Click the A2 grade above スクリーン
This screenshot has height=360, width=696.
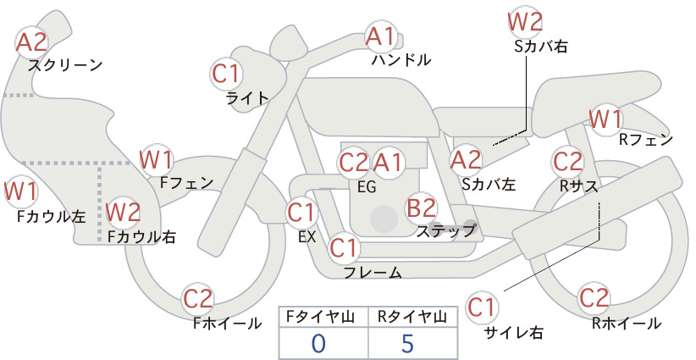(x=31, y=42)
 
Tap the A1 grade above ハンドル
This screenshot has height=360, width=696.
(x=380, y=36)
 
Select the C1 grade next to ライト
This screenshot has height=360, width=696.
(x=226, y=74)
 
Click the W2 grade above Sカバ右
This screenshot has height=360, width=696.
(x=525, y=22)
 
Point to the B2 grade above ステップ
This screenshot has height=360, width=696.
(x=422, y=208)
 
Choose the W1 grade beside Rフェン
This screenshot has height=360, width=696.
(x=606, y=119)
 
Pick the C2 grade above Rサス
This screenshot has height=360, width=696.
(x=567, y=161)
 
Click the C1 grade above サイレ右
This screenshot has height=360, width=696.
(x=481, y=307)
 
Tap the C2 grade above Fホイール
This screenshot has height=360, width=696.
(x=198, y=298)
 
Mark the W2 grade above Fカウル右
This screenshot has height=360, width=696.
(x=124, y=212)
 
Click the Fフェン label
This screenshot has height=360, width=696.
(x=186, y=182)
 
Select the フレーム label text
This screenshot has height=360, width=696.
(x=373, y=272)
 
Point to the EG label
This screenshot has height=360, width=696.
(x=367, y=187)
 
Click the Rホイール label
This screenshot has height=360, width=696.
(x=627, y=324)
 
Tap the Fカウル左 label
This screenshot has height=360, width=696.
(x=51, y=216)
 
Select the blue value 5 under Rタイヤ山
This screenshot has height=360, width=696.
(x=407, y=343)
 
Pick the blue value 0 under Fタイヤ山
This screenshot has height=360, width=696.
(x=318, y=343)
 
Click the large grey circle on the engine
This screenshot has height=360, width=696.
(x=384, y=219)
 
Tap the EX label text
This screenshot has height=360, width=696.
(x=307, y=236)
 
